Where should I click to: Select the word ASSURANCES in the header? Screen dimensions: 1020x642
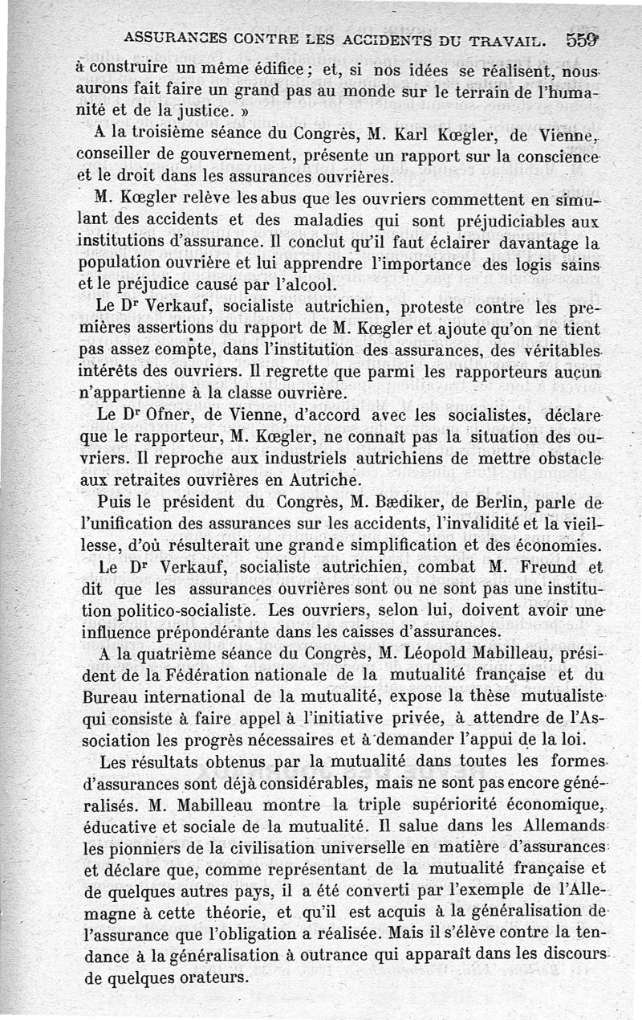coord(173,37)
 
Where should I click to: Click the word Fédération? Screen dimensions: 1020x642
coord(211,675)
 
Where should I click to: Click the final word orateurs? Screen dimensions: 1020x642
coord(211,977)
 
